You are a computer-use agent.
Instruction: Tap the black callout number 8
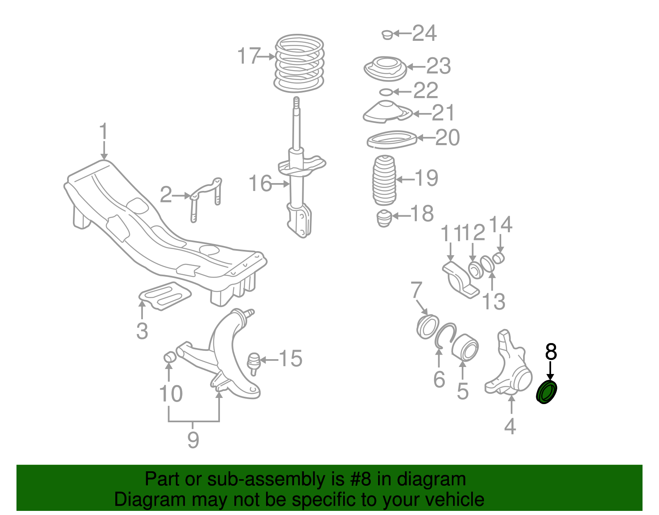coord(551,352)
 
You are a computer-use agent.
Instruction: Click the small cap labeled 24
coord(387,34)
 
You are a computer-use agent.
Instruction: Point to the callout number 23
coord(438,66)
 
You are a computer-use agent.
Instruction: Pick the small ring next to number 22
coord(386,92)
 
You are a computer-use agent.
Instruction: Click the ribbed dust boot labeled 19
coord(384,180)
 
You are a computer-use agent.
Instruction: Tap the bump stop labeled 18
coord(384,218)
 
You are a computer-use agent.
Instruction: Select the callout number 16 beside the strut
coord(260,183)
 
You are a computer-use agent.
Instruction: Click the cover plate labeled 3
coord(165,296)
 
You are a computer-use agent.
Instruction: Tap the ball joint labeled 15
coord(254,362)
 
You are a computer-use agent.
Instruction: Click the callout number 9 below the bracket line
coord(193,440)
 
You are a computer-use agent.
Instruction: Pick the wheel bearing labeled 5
coord(465,347)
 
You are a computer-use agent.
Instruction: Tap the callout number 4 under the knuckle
coord(510,426)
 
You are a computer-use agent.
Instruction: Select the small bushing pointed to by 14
coord(499,258)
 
